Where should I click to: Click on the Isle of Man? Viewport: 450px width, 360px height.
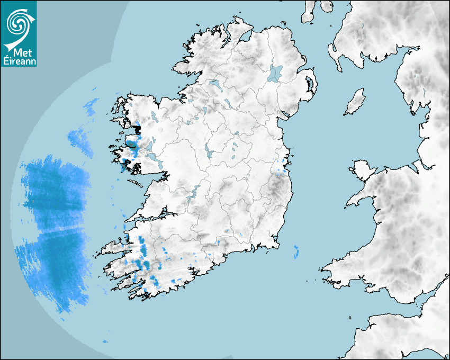point(355,102)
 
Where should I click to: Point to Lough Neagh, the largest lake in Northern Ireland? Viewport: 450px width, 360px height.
point(275,73)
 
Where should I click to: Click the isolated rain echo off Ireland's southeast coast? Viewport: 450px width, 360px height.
point(296,251)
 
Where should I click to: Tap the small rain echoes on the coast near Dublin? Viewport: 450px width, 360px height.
point(281,168)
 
